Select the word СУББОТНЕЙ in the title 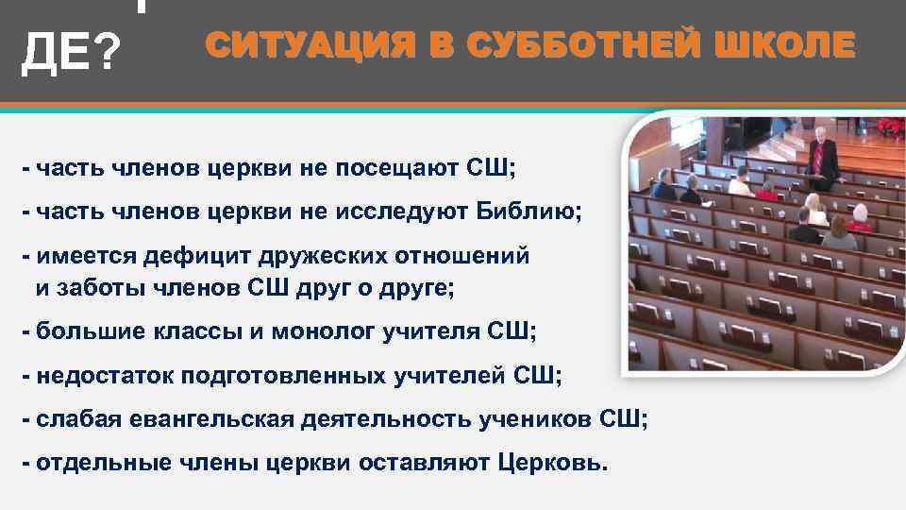pos(548,45)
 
